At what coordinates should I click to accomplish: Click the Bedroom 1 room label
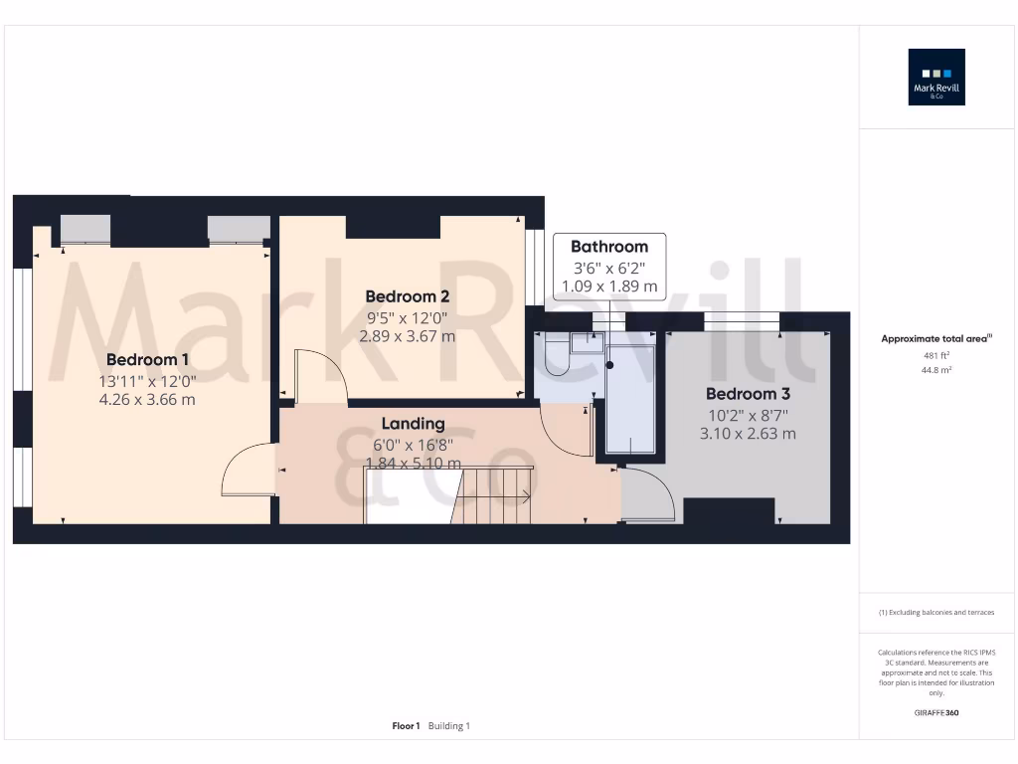[147, 359]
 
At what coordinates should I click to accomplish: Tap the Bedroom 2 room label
[407, 296]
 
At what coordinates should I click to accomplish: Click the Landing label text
[413, 424]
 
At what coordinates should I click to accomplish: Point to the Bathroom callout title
[608, 247]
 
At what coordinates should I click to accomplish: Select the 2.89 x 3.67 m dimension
[407, 336]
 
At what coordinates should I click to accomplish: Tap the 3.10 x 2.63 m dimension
[748, 434]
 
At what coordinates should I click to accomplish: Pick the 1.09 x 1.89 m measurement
[608, 286]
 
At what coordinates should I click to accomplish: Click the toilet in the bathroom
[556, 356]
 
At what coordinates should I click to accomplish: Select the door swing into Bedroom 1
[247, 471]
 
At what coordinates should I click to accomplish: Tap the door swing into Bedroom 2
[321, 378]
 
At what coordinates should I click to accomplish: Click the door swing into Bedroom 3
[647, 495]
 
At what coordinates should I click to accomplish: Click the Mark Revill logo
[936, 78]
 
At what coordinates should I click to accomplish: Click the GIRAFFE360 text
[936, 713]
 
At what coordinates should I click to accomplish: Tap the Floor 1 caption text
[406, 726]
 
